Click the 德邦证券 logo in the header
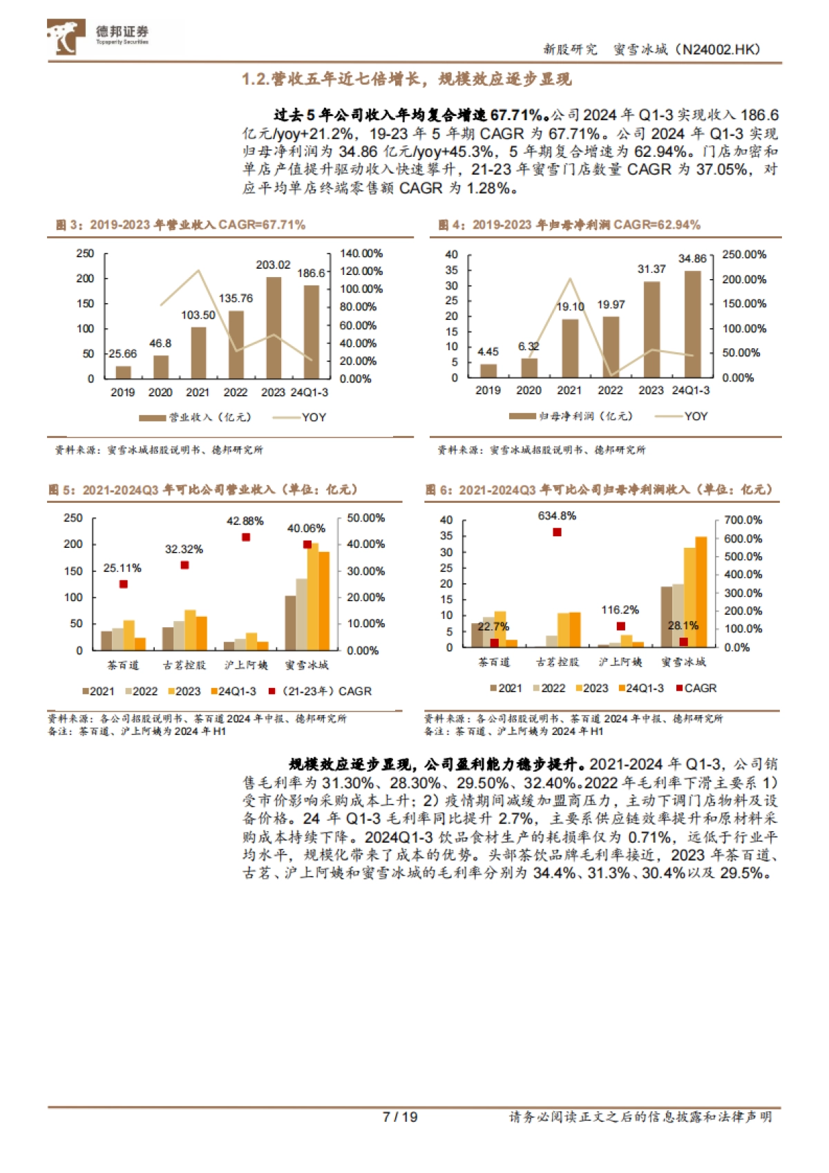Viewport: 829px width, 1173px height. pyautogui.click(x=98, y=36)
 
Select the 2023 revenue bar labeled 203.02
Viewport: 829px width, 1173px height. pyautogui.click(x=274, y=327)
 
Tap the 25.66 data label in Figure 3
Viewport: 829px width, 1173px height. pyautogui.click(x=123, y=354)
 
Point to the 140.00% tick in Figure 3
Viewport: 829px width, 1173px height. pyautogui.click(x=361, y=254)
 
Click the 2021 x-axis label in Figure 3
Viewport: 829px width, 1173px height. pyautogui.click(x=198, y=392)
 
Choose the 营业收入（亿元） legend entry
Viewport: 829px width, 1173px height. pyautogui.click(x=196, y=417)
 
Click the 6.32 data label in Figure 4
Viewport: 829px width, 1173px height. pyautogui.click(x=528, y=346)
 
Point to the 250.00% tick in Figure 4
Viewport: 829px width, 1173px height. pyautogui.click(x=744, y=254)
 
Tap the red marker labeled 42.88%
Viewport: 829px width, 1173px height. pyautogui.click(x=246, y=537)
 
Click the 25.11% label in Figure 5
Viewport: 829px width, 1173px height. pyautogui.click(x=122, y=568)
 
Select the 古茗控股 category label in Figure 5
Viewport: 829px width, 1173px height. pyautogui.click(x=184, y=665)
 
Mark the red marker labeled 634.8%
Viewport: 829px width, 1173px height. pyautogui.click(x=557, y=532)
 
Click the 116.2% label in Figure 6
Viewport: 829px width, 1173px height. pyautogui.click(x=620, y=610)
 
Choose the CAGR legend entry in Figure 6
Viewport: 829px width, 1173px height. pyautogui.click(x=696, y=688)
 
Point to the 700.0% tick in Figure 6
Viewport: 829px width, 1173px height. pyautogui.click(x=743, y=519)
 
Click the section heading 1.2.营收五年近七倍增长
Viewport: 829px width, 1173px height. pyautogui.click(x=406, y=79)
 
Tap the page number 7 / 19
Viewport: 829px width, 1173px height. pyautogui.click(x=400, y=1117)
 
